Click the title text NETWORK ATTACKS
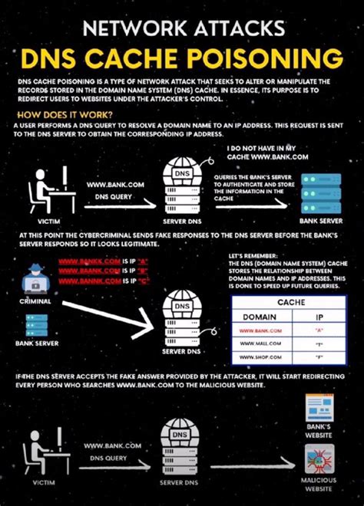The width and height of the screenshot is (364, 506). tap(182, 28)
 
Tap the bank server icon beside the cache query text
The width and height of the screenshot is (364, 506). tap(319, 189)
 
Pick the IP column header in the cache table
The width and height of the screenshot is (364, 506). tap(318, 316)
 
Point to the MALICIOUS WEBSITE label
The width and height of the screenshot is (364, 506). tap(319, 485)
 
